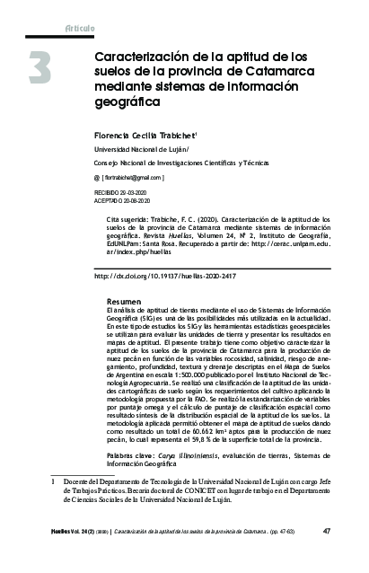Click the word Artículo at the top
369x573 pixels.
(80, 29)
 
